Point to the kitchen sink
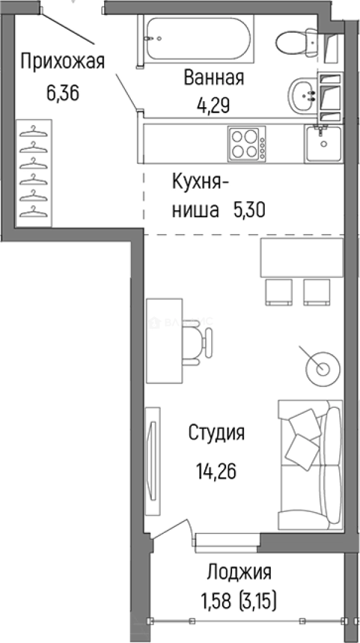(x=323, y=143)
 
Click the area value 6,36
(x=62, y=93)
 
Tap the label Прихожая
(x=62, y=61)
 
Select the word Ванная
(x=214, y=77)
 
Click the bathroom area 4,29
(x=214, y=105)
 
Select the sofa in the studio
(x=309, y=464)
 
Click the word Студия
(x=217, y=432)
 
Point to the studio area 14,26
(x=217, y=472)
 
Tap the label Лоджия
(x=239, y=573)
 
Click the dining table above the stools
(x=302, y=257)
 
